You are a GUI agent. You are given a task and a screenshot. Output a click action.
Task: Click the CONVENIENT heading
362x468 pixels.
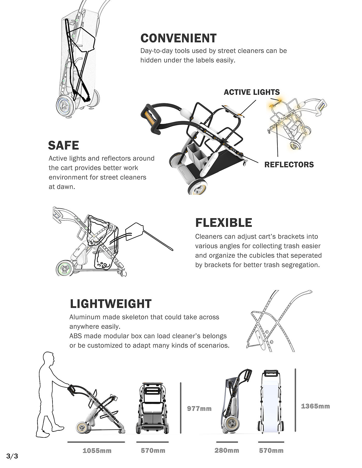178,38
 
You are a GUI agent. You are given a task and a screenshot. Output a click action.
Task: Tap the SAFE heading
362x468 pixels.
64,145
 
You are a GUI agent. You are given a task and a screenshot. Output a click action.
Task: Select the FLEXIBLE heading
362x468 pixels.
224,223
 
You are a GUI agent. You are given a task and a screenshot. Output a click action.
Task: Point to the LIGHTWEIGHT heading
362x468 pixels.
111,304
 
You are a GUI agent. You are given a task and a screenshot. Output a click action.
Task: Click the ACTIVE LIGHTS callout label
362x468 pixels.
252,92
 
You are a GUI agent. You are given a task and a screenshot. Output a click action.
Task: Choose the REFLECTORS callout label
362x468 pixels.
289,165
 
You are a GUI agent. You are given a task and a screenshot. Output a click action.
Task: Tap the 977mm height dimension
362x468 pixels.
199,409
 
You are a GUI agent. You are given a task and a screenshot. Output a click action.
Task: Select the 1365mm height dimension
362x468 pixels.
315,406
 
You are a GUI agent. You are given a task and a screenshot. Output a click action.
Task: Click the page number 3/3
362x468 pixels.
12,456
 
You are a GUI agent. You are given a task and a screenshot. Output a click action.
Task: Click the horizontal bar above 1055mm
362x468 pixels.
96,442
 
